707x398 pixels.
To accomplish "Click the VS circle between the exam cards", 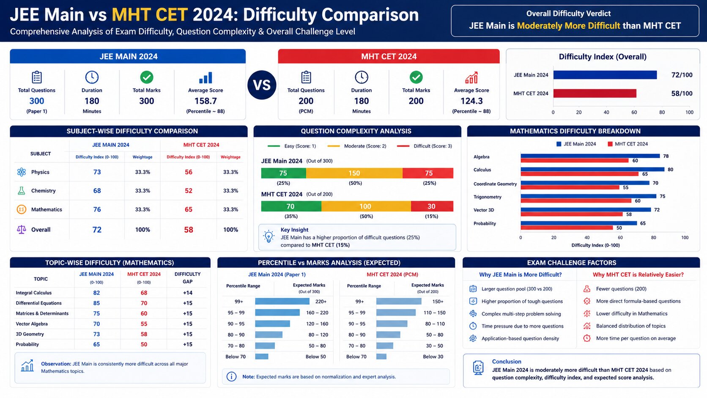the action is point(262,85).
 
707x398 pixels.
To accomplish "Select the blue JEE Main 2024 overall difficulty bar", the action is point(605,75).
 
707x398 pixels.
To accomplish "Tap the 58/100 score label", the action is point(682,93).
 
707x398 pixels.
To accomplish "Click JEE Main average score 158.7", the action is point(206,101).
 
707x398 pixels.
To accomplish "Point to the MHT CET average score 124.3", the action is point(471,101).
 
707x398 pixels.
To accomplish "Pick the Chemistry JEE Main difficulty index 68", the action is point(97,191).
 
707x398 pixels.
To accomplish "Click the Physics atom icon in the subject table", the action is point(22,172).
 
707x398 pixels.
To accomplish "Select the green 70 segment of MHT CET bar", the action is point(291,206).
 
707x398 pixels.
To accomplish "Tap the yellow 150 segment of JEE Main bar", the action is point(354,173).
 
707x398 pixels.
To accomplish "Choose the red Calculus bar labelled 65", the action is point(579,174).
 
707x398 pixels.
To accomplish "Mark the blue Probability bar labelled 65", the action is point(578,223).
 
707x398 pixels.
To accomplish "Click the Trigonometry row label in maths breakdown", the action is point(487,197).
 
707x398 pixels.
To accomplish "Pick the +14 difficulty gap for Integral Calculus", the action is point(187,293).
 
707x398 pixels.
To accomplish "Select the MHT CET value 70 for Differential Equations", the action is point(144,303).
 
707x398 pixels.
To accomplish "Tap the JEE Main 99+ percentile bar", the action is point(282,302).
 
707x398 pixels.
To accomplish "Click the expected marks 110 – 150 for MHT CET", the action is point(434,313).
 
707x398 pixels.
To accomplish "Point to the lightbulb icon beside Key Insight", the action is point(269,236).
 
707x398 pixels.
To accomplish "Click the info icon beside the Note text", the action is point(231,376).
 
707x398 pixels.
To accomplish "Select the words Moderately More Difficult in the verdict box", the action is point(568,26).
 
